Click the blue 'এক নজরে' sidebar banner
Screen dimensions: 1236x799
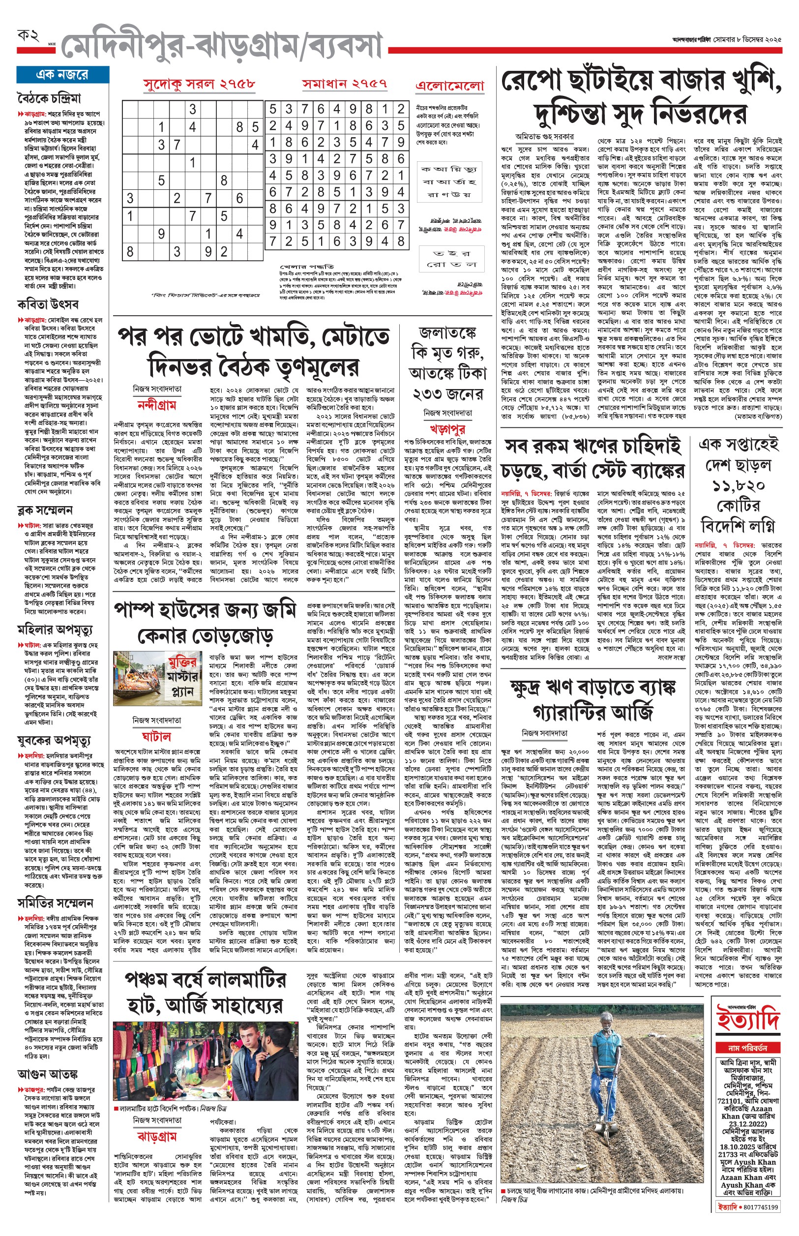coord(62,75)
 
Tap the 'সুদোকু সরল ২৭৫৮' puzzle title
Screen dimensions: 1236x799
coord(199,84)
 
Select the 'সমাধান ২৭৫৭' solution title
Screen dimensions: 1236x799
coord(345,84)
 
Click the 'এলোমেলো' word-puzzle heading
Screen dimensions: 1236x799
coord(449,86)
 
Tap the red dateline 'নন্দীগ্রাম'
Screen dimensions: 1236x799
coord(157,405)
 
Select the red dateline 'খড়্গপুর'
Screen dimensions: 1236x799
coord(447,429)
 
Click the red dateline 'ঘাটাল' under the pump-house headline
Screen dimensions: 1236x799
coord(156,736)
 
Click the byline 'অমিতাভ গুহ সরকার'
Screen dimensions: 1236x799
coord(544,136)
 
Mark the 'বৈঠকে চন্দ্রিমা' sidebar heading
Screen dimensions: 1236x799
coord(49,98)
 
